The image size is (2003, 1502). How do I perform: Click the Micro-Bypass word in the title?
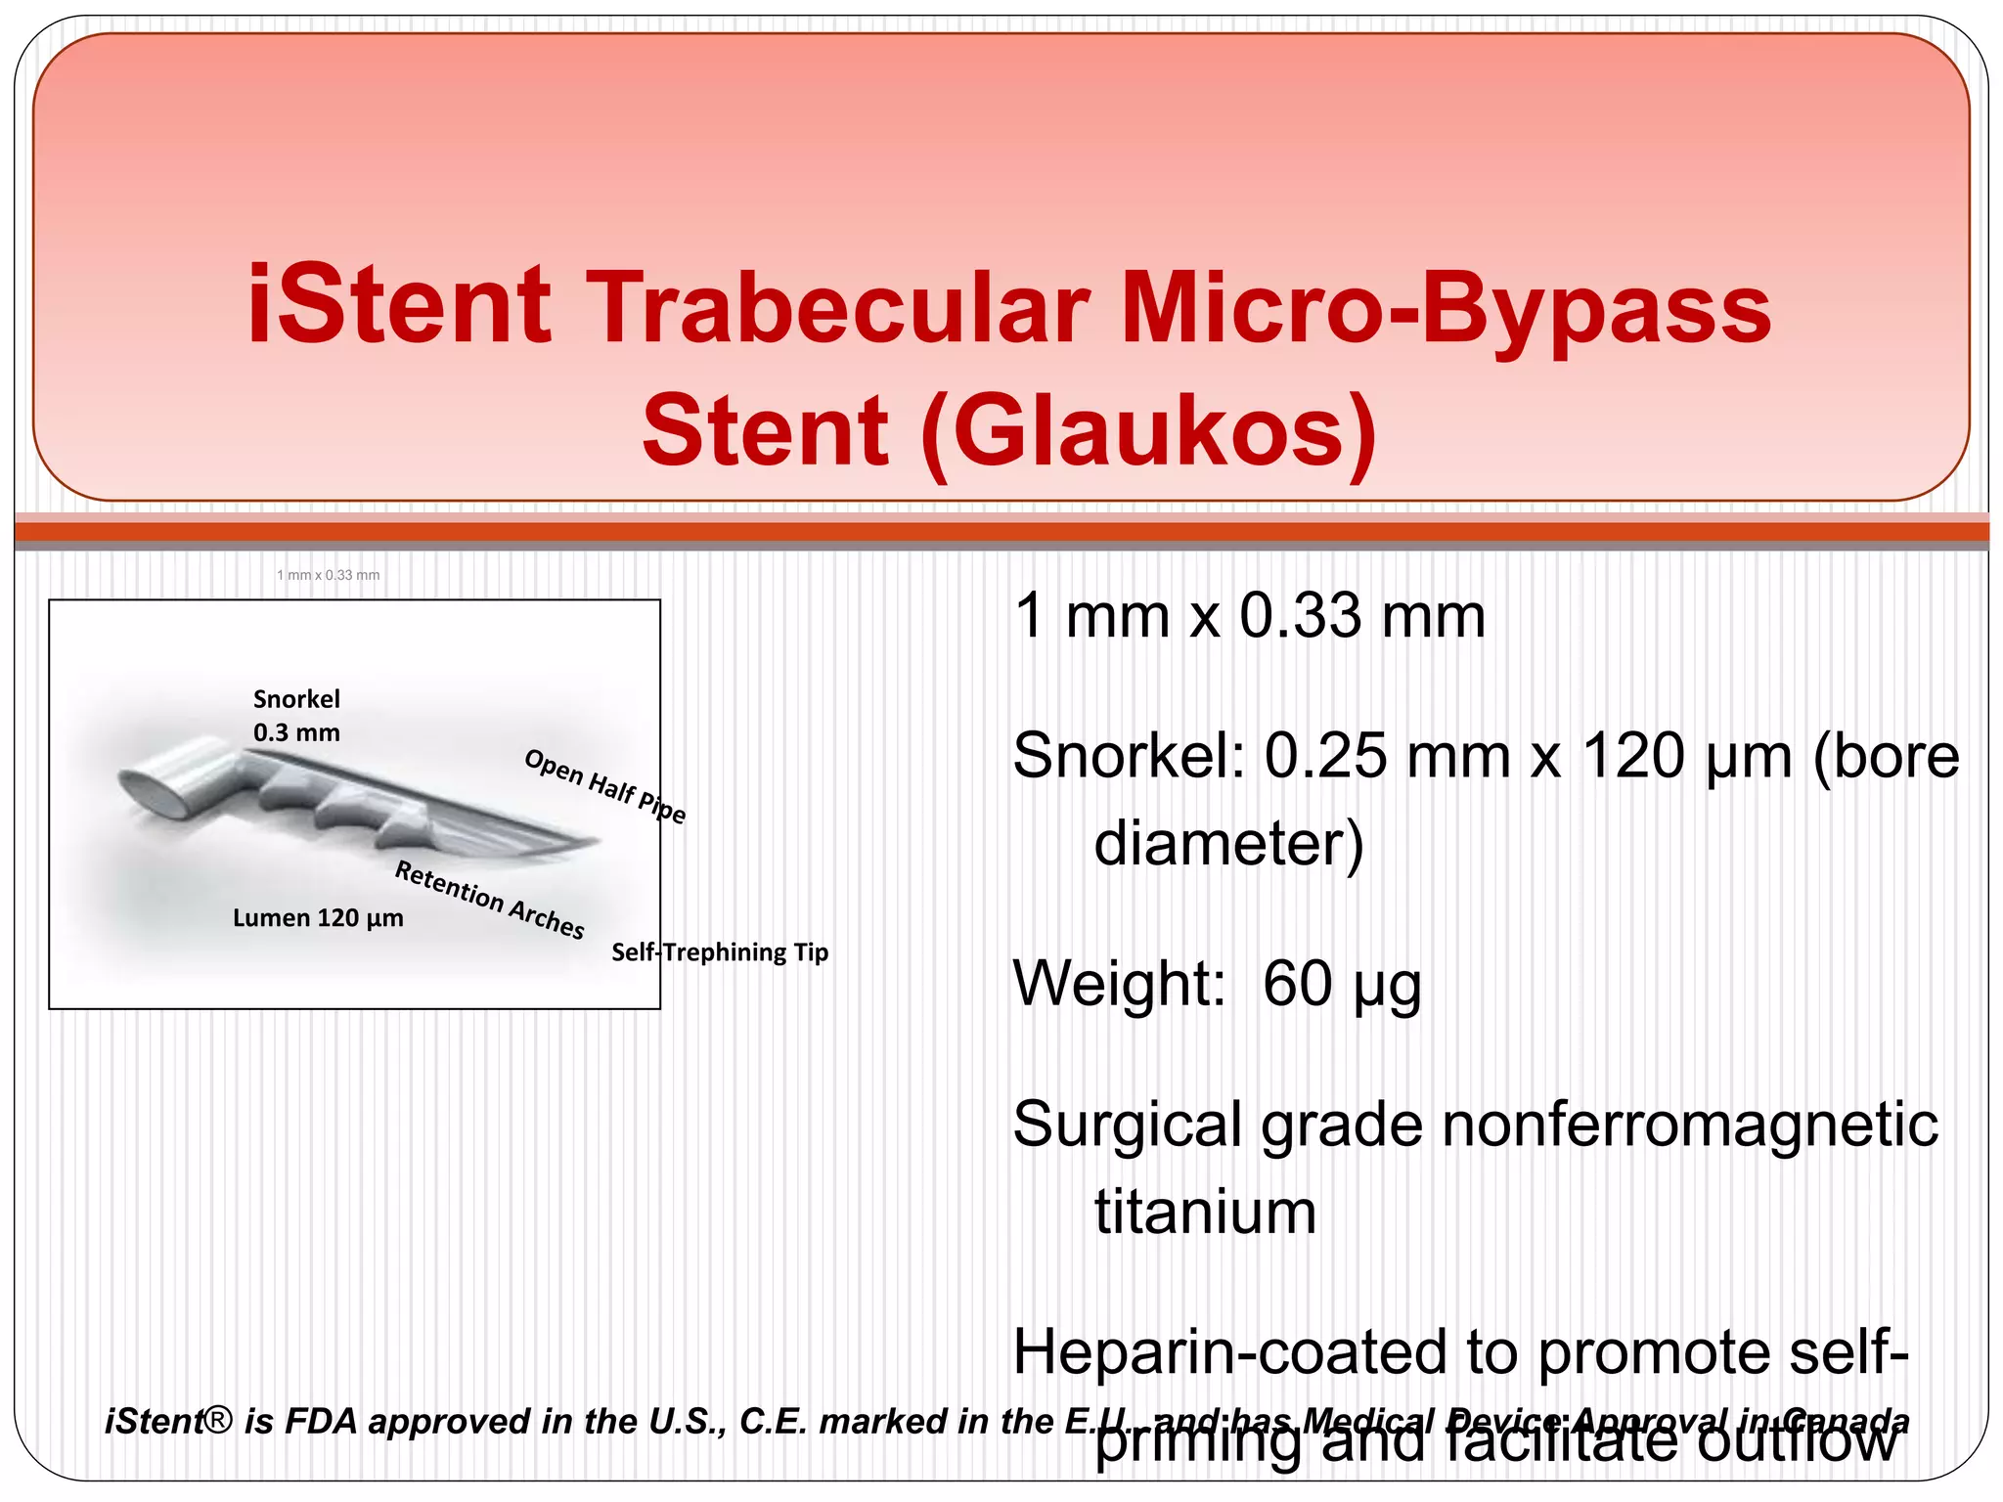tap(1446, 307)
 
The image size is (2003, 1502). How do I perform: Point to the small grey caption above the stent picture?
tap(328, 575)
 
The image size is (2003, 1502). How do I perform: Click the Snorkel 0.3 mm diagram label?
tap(296, 716)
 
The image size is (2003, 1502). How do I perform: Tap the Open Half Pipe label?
tap(605, 786)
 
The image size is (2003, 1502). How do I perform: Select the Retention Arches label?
tap(489, 899)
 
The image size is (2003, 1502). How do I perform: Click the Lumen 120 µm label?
tap(318, 918)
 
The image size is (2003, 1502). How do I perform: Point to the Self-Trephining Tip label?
tap(720, 952)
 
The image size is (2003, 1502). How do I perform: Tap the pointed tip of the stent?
tap(593, 841)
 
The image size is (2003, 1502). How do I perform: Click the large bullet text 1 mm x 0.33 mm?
tap(1249, 616)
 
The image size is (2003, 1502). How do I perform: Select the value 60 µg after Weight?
tap(1342, 984)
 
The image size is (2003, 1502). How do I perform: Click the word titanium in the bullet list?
tap(1205, 1212)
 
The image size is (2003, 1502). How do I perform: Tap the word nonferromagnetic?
tap(1689, 1125)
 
